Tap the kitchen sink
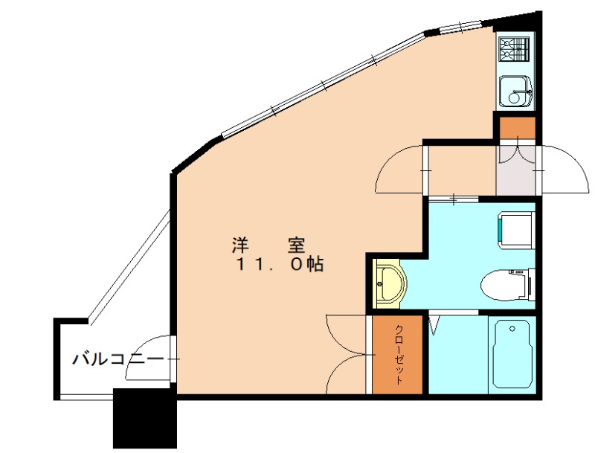tap(515, 92)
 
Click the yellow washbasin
tap(387, 283)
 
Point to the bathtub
tap(511, 354)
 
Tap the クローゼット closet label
tap(398, 355)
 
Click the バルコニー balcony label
tap(117, 360)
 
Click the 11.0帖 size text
tap(280, 265)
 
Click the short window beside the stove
tap(461, 28)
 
